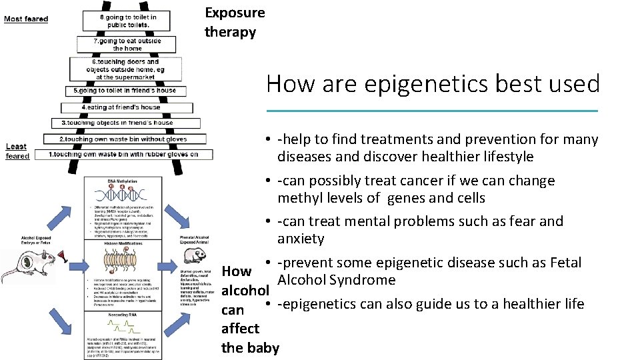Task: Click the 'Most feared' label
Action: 26,19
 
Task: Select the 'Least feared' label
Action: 17,151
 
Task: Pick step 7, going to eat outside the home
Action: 127,45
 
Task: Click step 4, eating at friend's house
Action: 121,107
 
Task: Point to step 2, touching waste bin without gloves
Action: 123,139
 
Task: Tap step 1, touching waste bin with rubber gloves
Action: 124,154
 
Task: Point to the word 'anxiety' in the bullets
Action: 301,239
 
